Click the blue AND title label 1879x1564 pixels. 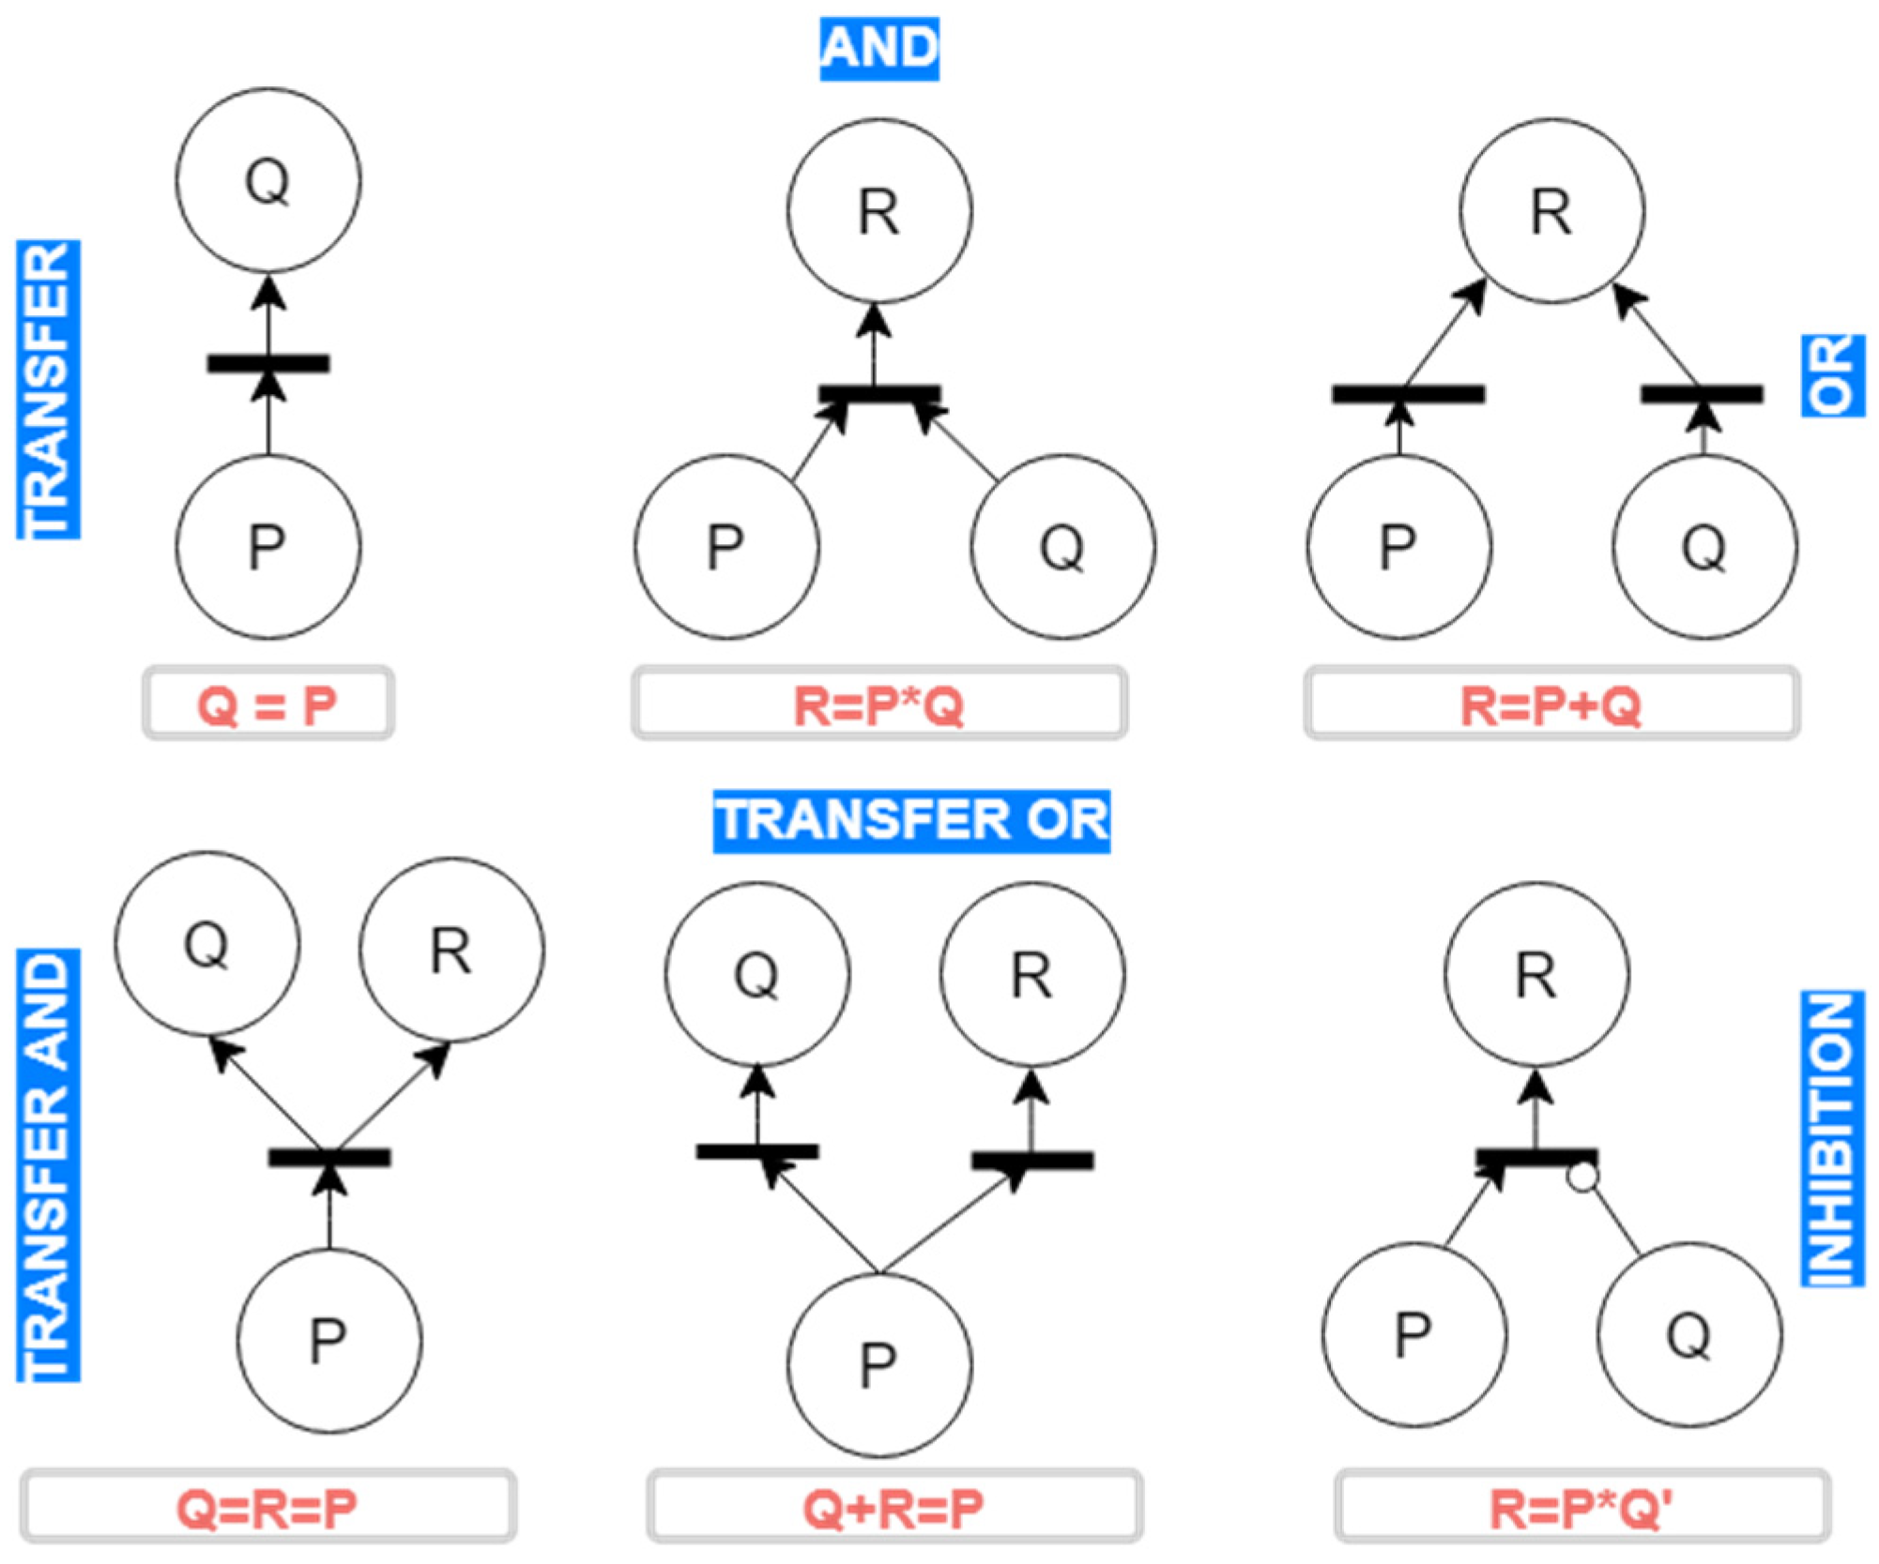pyautogui.click(x=878, y=48)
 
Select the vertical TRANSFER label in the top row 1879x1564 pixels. pyautogui.click(x=48, y=389)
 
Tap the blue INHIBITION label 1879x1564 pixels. pyautogui.click(x=1831, y=1138)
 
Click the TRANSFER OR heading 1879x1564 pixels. pyautogui.click(x=911, y=821)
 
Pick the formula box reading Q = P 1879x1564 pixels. pyautogui.click(x=267, y=704)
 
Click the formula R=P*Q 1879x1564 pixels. pyautogui.click(x=878, y=704)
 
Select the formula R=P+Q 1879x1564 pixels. pyautogui.click(x=1551, y=704)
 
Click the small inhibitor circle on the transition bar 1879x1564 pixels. pyautogui.click(x=1582, y=1177)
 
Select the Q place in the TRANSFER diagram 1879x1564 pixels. pyautogui.click(x=267, y=180)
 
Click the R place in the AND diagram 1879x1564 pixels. pyautogui.click(x=879, y=211)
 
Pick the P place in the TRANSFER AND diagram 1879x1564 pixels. pyautogui.click(x=328, y=1341)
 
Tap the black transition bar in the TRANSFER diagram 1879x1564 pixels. pyautogui.click(x=267, y=363)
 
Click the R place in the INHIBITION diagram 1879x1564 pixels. pyautogui.click(x=1536, y=974)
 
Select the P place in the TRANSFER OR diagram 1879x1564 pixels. pyautogui.click(x=879, y=1364)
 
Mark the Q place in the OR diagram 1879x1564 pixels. pyautogui.click(x=1704, y=547)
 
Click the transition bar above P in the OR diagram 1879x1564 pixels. pyautogui.click(x=1408, y=394)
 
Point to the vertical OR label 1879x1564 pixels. pyautogui.click(x=1832, y=374)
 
